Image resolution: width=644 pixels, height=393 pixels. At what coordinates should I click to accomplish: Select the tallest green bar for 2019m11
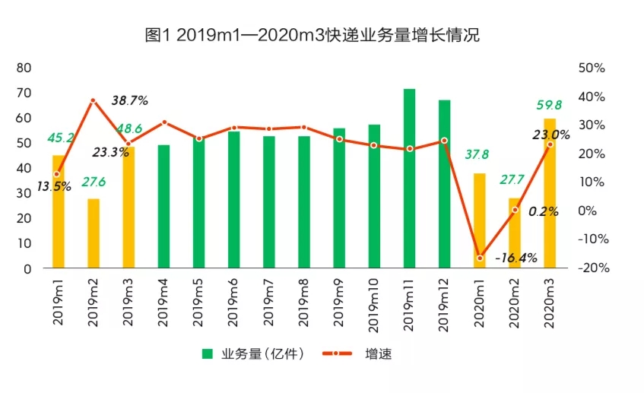pyautogui.click(x=409, y=179)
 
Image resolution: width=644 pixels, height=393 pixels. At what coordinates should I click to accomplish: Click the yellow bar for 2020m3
pyautogui.click(x=550, y=193)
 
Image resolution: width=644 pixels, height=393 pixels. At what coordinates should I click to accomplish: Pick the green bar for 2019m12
pyautogui.click(x=444, y=184)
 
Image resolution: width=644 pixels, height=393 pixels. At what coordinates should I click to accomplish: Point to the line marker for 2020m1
pyautogui.click(x=480, y=258)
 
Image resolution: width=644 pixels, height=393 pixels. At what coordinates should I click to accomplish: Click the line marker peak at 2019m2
pyautogui.click(x=94, y=100)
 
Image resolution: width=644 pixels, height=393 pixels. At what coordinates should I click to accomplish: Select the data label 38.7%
pyautogui.click(x=129, y=100)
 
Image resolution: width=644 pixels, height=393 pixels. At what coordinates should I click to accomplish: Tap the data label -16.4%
pyautogui.click(x=516, y=258)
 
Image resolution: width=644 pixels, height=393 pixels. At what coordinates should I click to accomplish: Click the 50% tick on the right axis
pyautogui.click(x=592, y=68)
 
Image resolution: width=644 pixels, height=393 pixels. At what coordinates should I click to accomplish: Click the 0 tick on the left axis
pyautogui.click(x=28, y=268)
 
